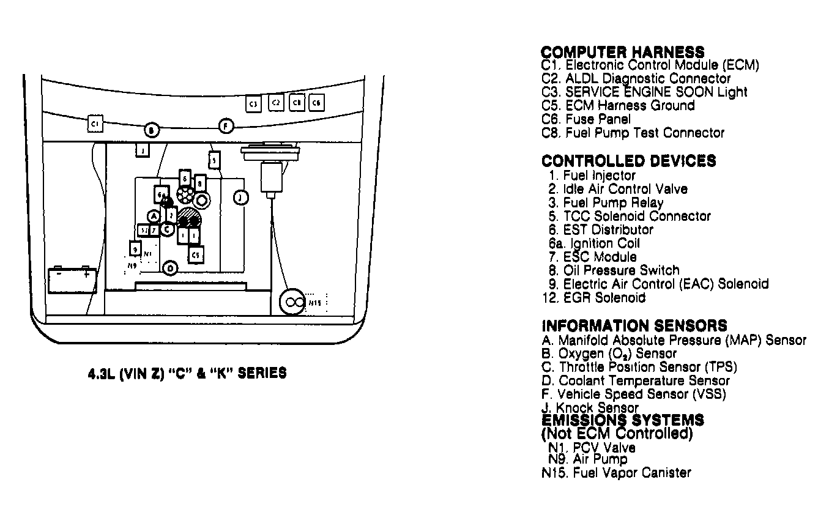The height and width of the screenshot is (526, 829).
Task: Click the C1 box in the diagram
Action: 95,124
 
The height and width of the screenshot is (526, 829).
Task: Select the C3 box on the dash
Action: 254,103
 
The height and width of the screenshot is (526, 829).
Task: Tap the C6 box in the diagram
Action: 316,103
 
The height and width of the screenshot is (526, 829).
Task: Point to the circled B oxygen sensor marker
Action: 152,130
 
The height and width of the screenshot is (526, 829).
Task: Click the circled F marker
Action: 226,127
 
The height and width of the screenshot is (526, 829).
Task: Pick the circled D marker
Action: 171,268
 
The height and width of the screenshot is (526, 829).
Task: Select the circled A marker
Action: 154,216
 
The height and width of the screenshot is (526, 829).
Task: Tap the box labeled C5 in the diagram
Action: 195,253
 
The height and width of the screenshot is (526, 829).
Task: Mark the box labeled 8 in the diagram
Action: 200,183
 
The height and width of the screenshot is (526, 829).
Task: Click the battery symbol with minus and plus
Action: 72,281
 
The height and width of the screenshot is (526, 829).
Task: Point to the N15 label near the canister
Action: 314,302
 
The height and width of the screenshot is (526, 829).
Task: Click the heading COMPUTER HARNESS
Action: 623,52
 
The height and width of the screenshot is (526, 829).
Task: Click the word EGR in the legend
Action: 578,298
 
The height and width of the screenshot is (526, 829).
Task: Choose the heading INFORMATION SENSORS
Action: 634,326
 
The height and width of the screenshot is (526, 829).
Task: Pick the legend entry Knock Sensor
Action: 590,407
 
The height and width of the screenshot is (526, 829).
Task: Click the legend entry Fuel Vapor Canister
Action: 616,473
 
